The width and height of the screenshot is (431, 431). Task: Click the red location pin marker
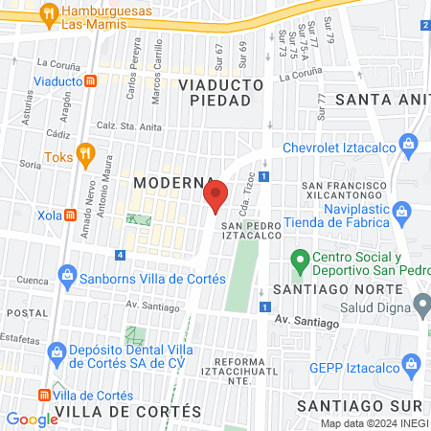click(x=215, y=196)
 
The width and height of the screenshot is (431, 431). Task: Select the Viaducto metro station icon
click(x=90, y=81)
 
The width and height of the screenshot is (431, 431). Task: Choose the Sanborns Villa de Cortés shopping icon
click(x=67, y=279)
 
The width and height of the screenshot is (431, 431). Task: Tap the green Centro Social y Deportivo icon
click(x=299, y=258)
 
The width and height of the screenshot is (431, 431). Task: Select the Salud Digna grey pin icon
click(x=422, y=305)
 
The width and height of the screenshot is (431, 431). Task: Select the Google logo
click(x=32, y=419)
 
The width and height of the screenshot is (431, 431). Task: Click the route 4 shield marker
click(x=119, y=255)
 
